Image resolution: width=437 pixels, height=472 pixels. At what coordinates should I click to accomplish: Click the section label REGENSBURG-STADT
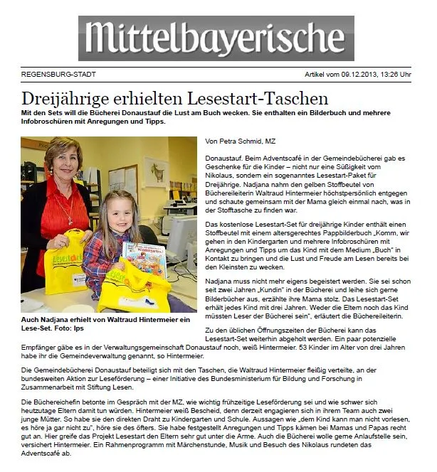pos(58,74)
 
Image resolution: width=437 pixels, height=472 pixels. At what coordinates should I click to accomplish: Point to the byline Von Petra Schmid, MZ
pos(239,142)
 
